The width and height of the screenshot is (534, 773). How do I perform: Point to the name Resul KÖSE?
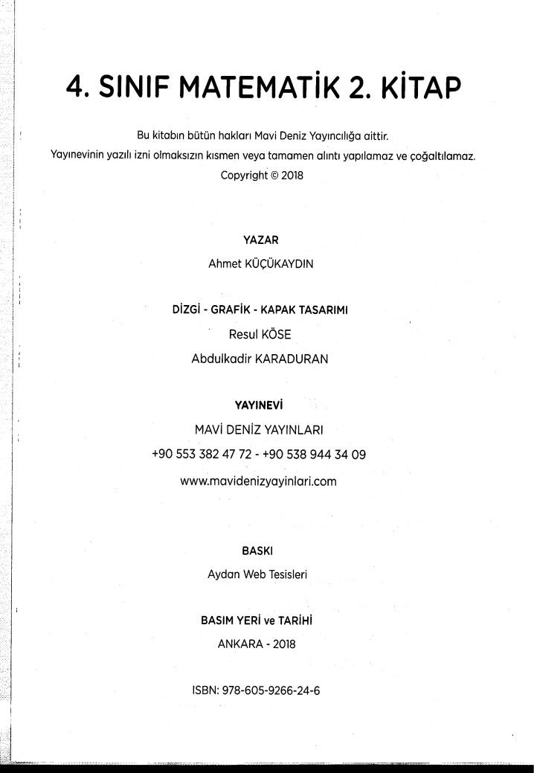pyautogui.click(x=259, y=335)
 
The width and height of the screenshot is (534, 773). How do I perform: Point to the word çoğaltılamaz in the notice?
pyautogui.click(x=444, y=158)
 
